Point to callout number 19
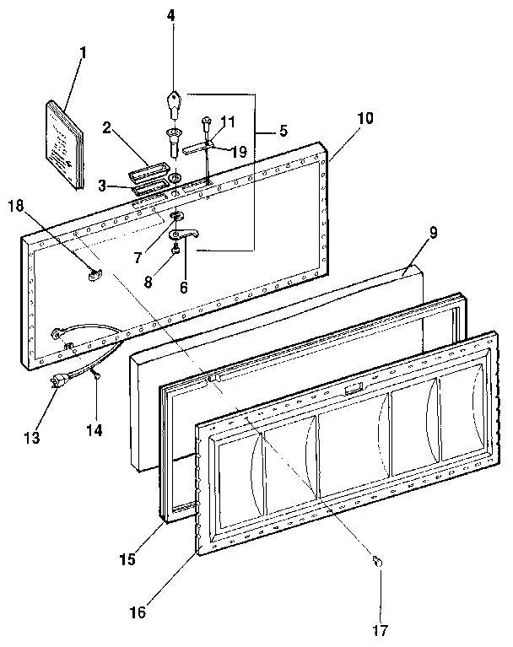(238, 152)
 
